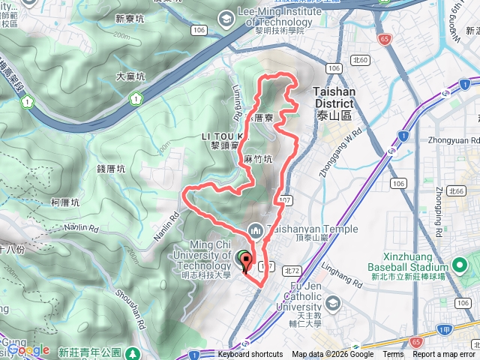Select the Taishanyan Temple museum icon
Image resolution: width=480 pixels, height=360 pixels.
click(x=254, y=229)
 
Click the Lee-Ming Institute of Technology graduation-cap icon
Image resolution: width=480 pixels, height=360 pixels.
click(x=226, y=17)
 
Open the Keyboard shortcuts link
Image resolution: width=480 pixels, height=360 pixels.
click(x=250, y=355)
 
